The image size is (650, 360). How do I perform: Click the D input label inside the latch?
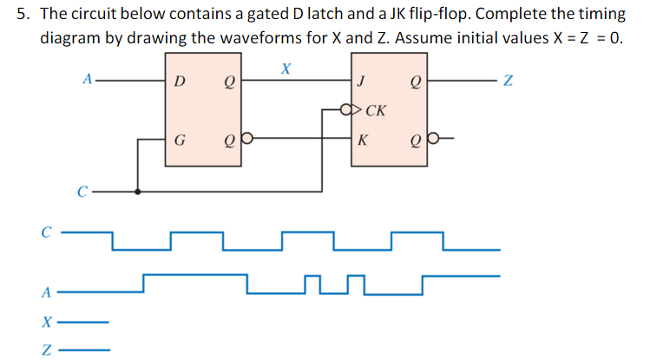pos(179,82)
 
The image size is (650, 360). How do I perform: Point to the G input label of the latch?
pos(180,138)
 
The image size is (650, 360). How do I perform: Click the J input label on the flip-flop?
pos(360,82)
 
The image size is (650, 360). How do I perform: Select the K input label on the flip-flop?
pos(361,138)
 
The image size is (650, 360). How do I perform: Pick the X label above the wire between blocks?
pos(285,67)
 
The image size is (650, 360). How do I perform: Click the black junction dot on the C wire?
pos(137,191)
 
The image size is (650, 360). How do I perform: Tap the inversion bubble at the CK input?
pos(347,111)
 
